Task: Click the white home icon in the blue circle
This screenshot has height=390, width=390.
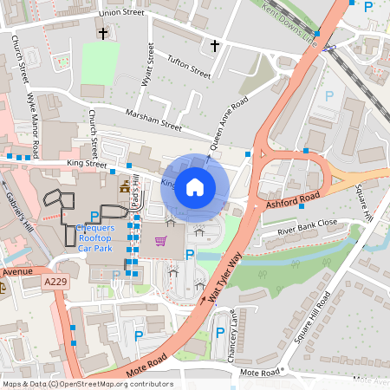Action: coord(195,186)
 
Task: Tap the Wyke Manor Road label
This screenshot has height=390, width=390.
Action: coord(33,126)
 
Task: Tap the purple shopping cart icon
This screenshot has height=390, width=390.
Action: coord(160,241)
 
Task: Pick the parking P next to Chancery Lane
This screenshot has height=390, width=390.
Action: coord(219,333)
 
